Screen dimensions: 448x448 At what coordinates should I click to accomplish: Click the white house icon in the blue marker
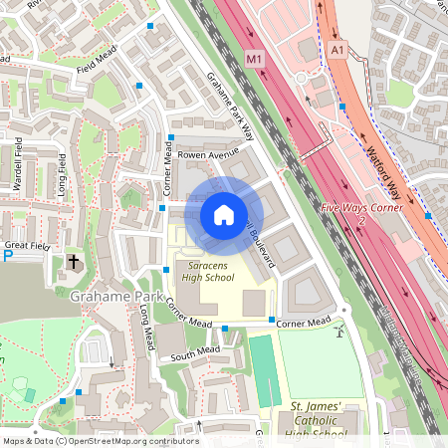(224, 214)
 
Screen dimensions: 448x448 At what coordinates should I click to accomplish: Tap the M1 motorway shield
(255, 61)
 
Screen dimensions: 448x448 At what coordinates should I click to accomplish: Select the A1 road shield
(336, 49)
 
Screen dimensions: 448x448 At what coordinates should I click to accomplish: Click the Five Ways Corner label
(361, 208)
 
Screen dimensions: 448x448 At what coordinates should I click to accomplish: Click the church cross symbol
(73, 262)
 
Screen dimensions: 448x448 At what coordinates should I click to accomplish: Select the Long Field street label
(62, 175)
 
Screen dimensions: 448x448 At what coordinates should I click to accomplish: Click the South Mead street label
(194, 352)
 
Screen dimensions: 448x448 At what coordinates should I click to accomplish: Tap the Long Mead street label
(146, 329)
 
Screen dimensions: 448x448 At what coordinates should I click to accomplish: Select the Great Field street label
(27, 243)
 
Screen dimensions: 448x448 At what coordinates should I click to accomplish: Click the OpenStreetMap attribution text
(101, 440)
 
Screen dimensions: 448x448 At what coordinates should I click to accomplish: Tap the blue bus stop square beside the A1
(341, 104)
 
